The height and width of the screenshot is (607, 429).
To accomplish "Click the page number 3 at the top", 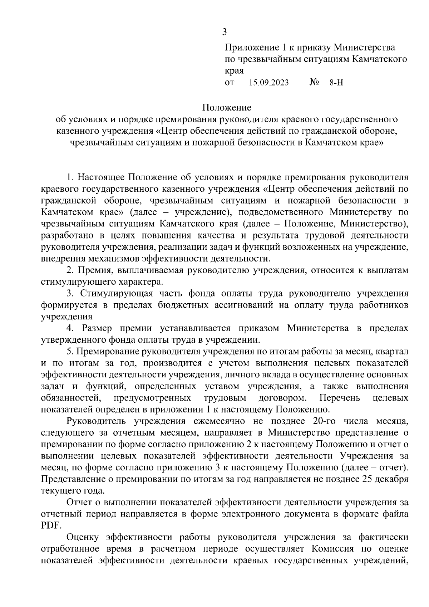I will (224, 32).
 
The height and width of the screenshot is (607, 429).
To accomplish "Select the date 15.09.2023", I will (269, 83).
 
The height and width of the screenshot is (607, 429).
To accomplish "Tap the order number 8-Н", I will (336, 83).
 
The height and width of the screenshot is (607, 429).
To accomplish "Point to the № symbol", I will (314, 83).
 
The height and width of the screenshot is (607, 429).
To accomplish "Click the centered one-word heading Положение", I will (227, 107).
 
